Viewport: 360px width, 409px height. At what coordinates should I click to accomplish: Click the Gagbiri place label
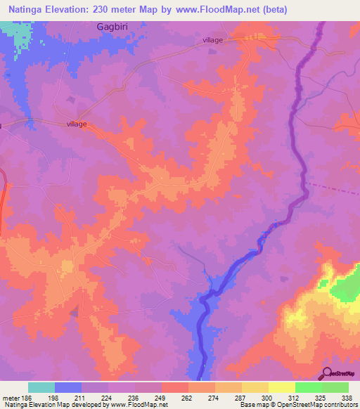click(112, 26)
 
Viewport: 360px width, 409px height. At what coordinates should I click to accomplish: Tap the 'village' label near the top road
click(212, 40)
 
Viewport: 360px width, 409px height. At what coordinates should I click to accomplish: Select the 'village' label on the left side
click(77, 124)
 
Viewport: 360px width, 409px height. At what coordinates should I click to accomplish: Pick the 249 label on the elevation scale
click(161, 397)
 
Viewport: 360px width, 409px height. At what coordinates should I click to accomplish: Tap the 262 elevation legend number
click(188, 397)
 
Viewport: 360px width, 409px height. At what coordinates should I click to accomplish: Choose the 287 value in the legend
click(242, 397)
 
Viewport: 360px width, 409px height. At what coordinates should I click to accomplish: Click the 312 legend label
click(295, 397)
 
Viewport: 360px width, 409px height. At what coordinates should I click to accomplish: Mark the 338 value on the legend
click(347, 397)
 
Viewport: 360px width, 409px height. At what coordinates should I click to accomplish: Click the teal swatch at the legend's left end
click(41, 387)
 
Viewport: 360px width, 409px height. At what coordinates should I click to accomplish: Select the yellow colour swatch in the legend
click(281, 387)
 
